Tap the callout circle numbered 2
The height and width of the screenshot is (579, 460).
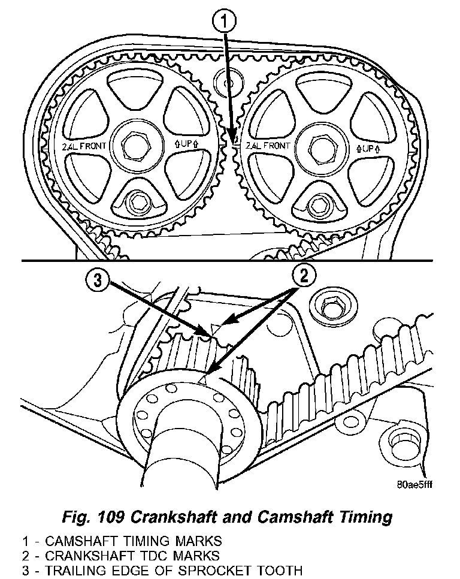pos(304,277)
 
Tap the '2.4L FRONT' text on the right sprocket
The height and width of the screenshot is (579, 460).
pos(268,145)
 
